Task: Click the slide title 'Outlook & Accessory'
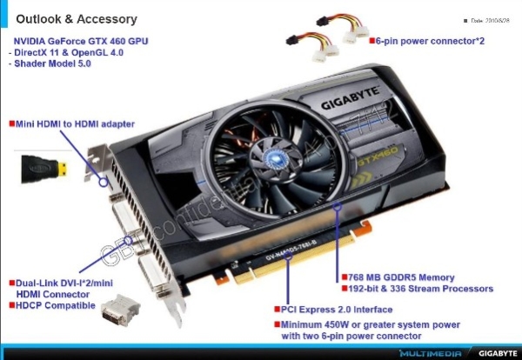coord(76,18)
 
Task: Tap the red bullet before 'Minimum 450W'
coord(278,324)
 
